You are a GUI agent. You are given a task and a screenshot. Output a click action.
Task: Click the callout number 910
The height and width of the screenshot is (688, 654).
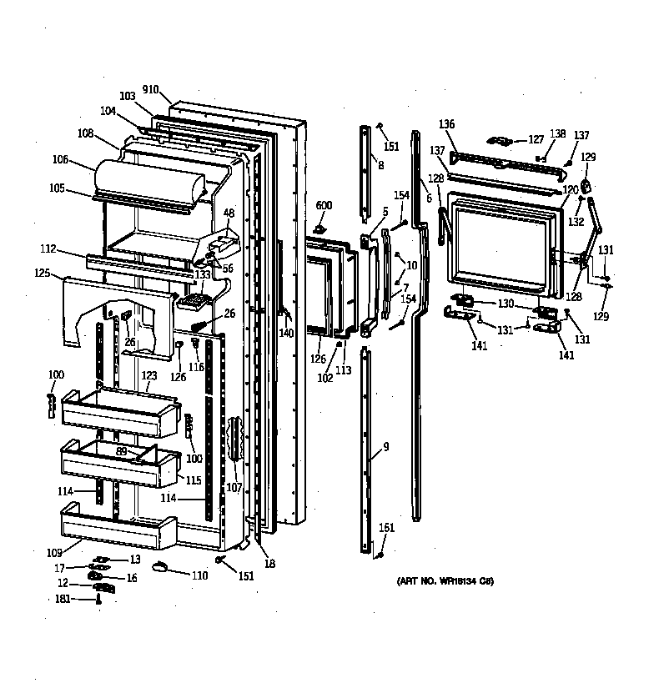click(x=151, y=89)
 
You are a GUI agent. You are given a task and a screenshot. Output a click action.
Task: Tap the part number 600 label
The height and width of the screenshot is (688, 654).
click(x=324, y=205)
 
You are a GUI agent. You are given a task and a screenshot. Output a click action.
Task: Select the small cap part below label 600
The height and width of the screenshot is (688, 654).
click(x=320, y=228)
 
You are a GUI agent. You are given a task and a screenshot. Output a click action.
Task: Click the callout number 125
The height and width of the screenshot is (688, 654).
click(x=43, y=273)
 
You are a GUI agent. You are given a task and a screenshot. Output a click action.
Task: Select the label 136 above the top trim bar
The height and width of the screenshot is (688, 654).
click(x=447, y=124)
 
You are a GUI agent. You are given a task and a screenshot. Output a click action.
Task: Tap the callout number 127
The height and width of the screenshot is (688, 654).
click(x=535, y=139)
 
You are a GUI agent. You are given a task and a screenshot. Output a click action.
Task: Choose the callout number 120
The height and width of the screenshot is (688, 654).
click(x=570, y=190)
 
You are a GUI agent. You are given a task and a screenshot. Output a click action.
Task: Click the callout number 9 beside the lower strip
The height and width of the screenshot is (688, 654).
click(x=385, y=447)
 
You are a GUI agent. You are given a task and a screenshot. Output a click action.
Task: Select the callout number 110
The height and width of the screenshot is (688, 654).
click(x=199, y=575)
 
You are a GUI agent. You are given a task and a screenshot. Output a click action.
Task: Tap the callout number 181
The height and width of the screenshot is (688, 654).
click(x=63, y=598)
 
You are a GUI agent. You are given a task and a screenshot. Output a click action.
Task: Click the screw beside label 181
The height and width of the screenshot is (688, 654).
click(x=98, y=599)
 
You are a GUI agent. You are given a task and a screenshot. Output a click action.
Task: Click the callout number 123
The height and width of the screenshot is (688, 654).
click(x=148, y=376)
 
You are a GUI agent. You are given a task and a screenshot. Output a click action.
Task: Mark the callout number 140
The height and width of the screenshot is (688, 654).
click(x=286, y=333)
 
